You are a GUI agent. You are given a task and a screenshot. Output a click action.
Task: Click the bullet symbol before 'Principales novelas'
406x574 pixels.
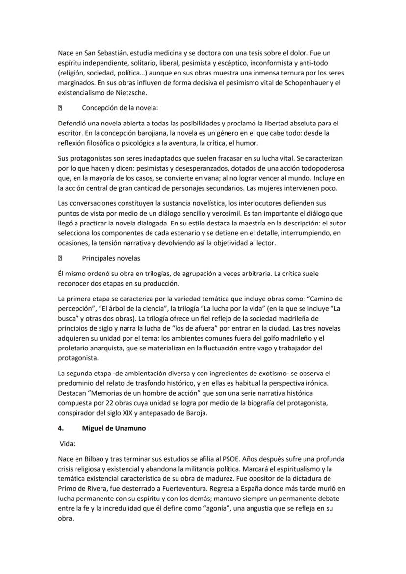click(60, 258)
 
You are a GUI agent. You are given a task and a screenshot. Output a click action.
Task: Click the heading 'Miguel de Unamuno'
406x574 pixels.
click(114, 428)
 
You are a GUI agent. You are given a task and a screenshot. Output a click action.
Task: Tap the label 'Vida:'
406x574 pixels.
click(67, 443)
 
